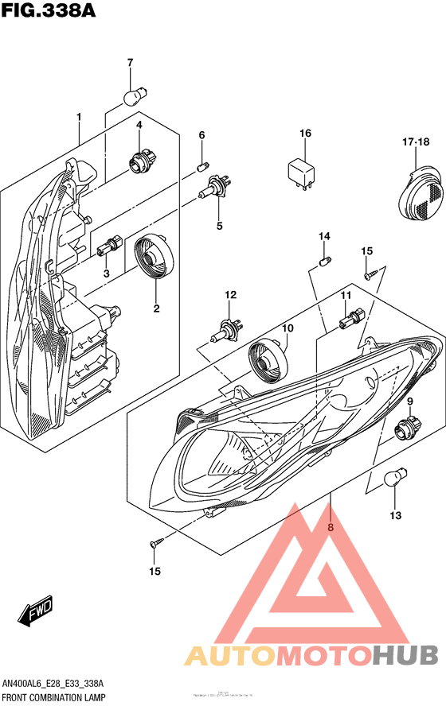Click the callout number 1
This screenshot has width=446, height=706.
point(79,118)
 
